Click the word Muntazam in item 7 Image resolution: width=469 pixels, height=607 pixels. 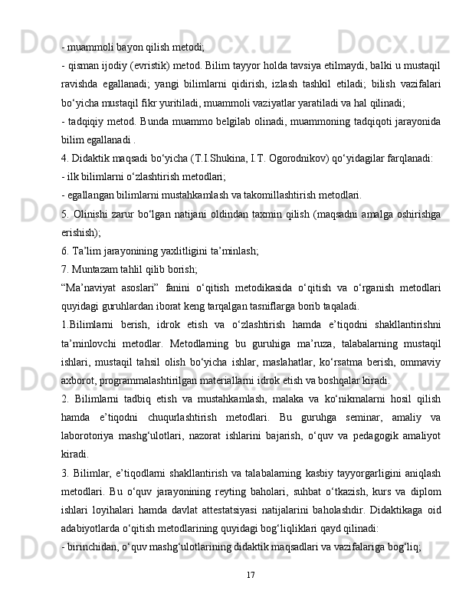[97, 268]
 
